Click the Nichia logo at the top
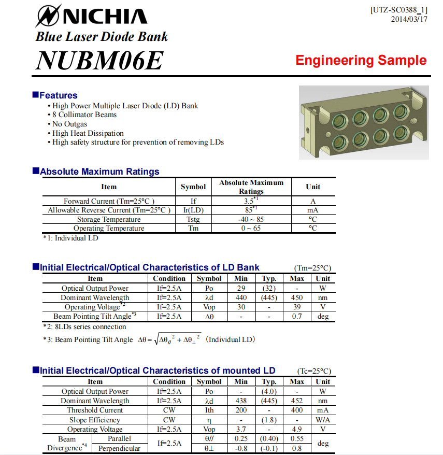pos(91,15)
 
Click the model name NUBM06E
pos(99,60)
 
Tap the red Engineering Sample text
pos(361,60)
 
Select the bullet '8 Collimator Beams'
pos(84,115)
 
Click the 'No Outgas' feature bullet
pos(69,124)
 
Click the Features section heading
pos(58,95)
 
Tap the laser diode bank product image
pos(364,122)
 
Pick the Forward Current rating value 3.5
pos(251,201)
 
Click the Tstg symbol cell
pos(193,219)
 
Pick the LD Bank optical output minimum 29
pos(241,288)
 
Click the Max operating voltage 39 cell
pos(297,307)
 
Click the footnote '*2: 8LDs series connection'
pos(84,327)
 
